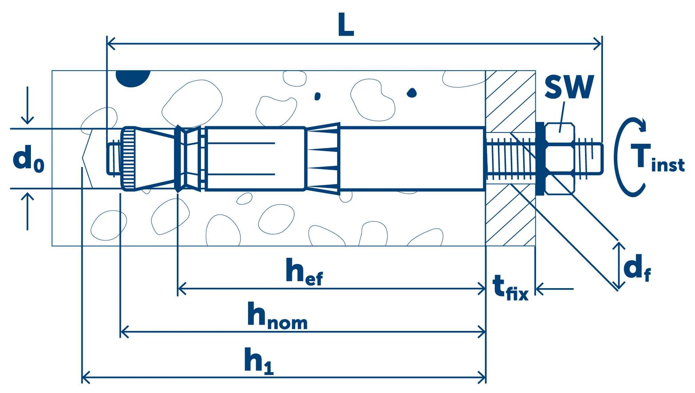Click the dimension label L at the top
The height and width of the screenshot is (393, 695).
click(346, 24)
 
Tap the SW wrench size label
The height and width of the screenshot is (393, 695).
click(569, 87)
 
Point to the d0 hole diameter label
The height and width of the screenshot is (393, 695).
click(28, 159)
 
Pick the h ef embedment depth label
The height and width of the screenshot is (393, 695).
click(304, 272)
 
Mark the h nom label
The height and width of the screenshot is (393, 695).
click(277, 316)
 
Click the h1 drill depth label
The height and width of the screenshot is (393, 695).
click(259, 361)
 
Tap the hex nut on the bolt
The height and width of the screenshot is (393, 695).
click(559, 159)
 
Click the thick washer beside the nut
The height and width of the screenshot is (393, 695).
click(540, 159)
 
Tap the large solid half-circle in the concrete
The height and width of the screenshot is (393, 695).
click(133, 77)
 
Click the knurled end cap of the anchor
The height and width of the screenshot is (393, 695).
click(128, 159)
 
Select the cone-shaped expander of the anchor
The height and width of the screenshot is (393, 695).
click(154, 159)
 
